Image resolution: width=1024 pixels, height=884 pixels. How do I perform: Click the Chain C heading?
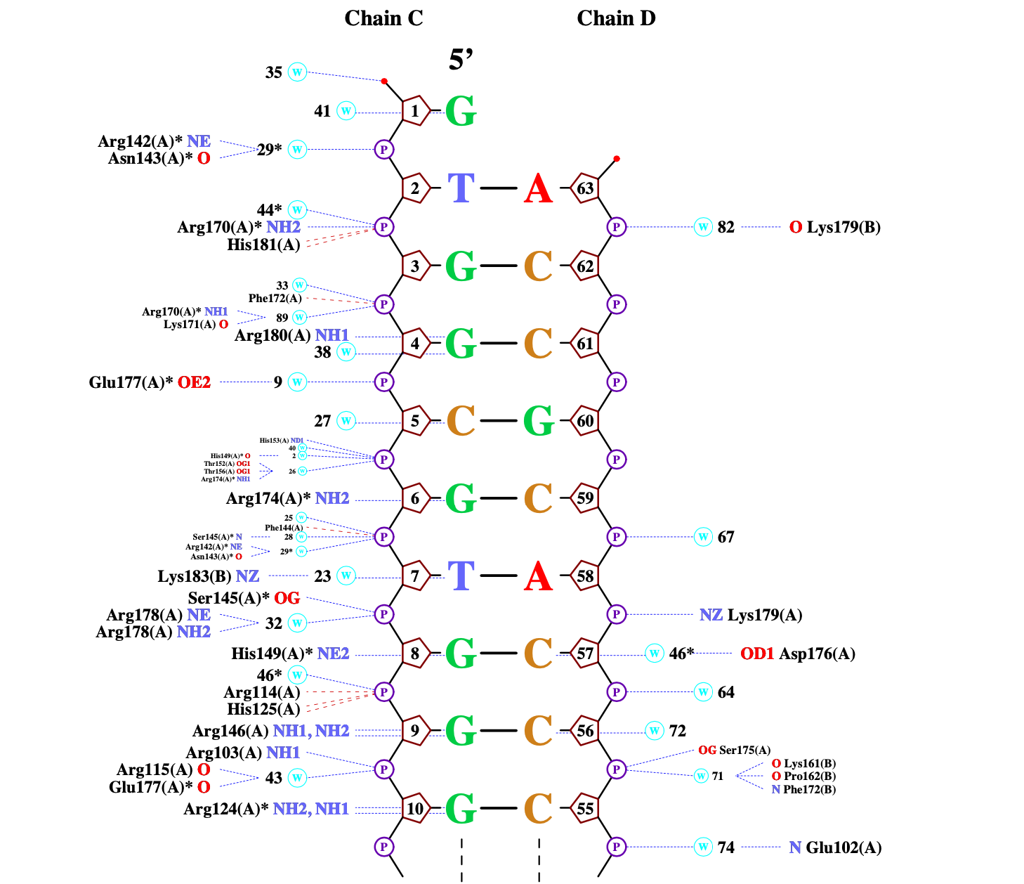click(383, 18)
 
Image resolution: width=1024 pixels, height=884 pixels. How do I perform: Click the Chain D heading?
click(616, 18)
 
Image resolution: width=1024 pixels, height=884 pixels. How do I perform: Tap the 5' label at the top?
click(461, 60)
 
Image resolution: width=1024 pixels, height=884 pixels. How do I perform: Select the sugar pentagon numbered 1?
click(415, 111)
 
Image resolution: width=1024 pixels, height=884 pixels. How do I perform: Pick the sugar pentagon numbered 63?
click(585, 188)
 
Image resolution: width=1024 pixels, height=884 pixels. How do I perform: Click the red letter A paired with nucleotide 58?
click(538, 577)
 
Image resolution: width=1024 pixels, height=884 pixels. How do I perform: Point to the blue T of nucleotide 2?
click(461, 188)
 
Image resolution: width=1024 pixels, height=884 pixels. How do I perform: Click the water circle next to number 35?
click(297, 72)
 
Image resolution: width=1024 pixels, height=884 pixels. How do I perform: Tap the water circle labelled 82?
click(703, 227)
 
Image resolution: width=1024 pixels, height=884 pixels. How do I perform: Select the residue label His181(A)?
click(263, 245)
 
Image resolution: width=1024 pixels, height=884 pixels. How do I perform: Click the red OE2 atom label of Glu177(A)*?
click(194, 382)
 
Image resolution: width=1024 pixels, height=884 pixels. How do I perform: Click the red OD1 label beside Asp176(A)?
click(757, 654)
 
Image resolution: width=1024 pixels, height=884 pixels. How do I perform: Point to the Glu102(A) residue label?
click(844, 847)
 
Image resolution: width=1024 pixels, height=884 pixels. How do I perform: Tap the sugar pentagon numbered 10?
click(415, 809)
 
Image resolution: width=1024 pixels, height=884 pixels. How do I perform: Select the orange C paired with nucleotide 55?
click(538, 809)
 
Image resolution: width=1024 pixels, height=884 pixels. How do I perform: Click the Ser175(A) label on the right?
click(744, 750)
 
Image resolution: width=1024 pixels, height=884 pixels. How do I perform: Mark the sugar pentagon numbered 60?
click(585, 421)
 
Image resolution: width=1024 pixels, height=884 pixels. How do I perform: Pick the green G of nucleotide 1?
click(461, 111)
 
